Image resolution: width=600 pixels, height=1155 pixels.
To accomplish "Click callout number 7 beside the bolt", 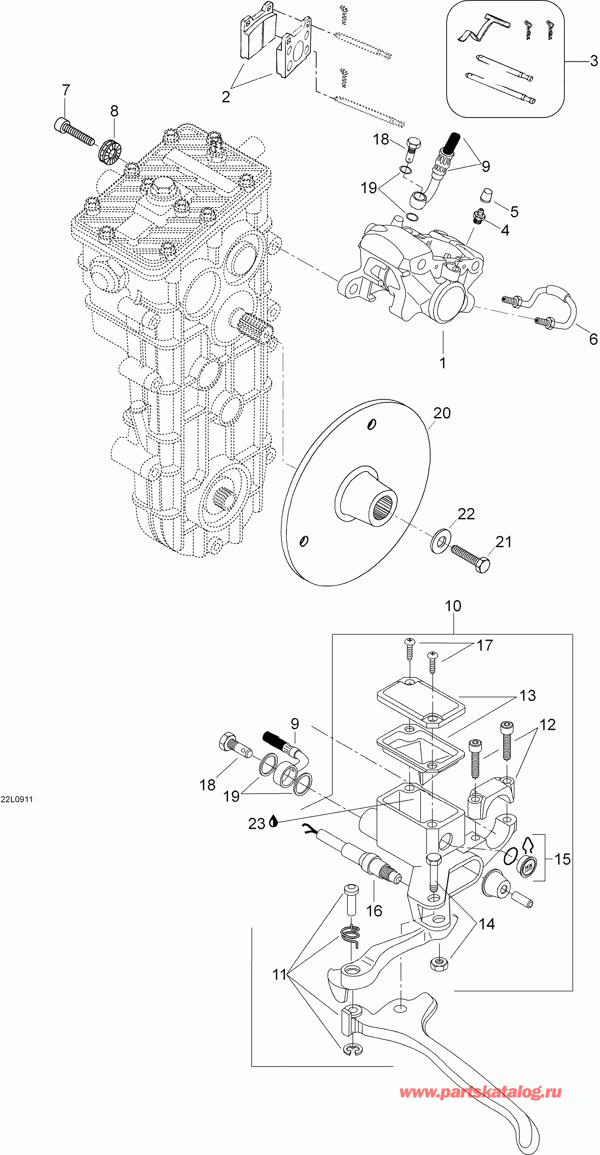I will [x=66, y=90].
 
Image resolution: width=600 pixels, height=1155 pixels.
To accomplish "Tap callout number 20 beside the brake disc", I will [x=442, y=413].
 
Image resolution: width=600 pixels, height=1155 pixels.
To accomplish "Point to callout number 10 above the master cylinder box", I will [x=453, y=606].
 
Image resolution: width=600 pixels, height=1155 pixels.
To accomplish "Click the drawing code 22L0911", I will [x=17, y=799].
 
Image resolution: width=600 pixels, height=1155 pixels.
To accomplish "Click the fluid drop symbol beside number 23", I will [x=274, y=822].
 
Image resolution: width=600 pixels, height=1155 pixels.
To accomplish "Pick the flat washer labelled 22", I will [x=440, y=542].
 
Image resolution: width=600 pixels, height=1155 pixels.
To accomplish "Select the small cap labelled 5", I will [x=486, y=196].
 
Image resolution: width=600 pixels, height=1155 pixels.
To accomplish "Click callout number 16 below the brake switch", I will [x=374, y=911].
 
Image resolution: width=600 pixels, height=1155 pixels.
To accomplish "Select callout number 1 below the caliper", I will [x=442, y=363].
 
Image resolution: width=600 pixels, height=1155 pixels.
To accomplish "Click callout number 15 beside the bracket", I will [x=562, y=859].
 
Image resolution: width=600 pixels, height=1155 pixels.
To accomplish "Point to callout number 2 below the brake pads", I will [x=226, y=96].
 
